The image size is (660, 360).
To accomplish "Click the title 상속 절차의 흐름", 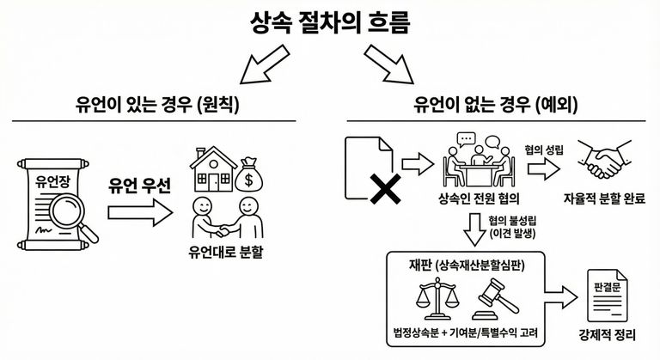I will tap(329, 20).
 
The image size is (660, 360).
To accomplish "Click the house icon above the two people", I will tap(217, 173).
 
